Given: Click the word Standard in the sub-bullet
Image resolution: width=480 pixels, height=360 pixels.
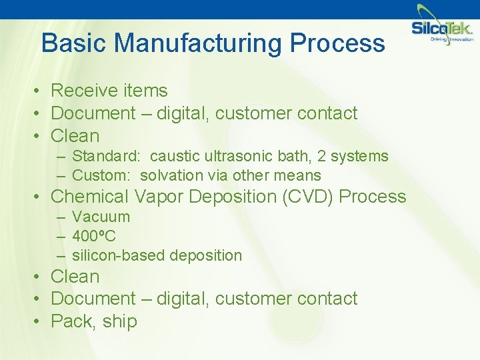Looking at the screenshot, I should (x=105, y=156).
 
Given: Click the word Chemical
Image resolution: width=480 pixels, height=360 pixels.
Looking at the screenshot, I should (x=90, y=197).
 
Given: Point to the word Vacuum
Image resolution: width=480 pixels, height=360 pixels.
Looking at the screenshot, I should (x=101, y=217).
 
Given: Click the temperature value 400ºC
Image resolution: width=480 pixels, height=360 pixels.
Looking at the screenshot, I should (x=93, y=236).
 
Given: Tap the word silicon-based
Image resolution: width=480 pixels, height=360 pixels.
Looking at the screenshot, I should (x=119, y=255).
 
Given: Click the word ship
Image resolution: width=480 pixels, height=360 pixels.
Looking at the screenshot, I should (x=120, y=321).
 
